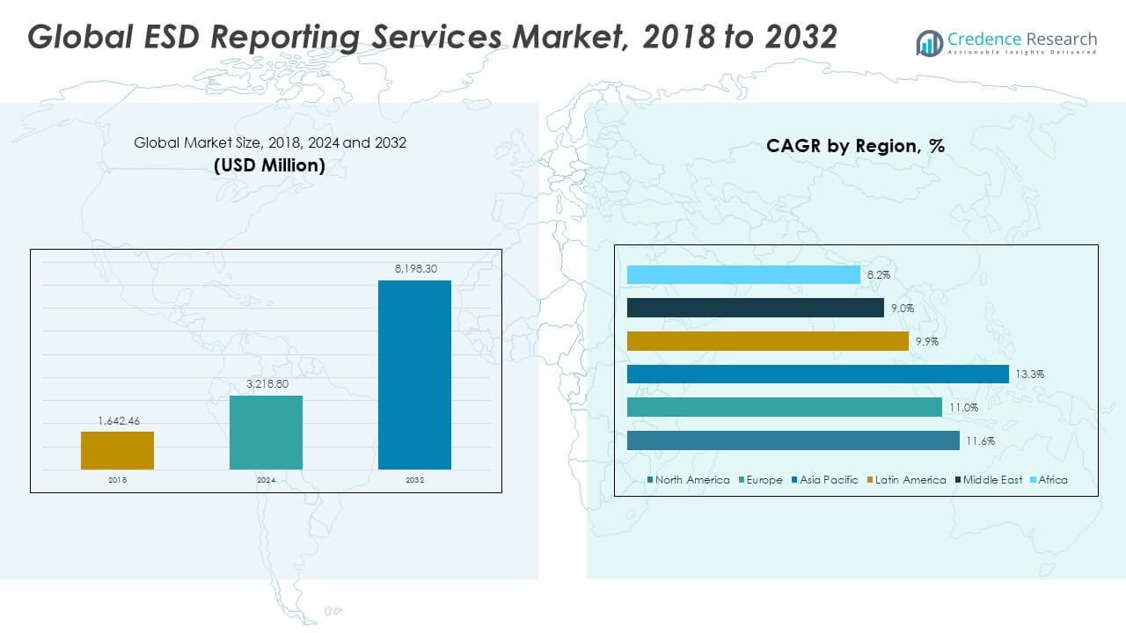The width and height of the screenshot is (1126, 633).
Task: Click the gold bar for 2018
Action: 117,451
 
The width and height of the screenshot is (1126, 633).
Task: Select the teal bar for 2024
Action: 266,433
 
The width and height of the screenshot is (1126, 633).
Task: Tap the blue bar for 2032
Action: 414,375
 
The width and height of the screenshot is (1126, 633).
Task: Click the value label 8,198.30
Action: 416,269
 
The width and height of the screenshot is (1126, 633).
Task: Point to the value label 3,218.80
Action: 267,384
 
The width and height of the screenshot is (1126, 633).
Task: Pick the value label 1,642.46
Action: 119,421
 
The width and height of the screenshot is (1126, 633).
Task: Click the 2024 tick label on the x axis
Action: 266,480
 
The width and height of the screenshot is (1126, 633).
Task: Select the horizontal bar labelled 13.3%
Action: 818,375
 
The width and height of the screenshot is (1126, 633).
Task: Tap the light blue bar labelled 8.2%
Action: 743,275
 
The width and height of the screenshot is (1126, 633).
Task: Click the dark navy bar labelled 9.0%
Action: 756,308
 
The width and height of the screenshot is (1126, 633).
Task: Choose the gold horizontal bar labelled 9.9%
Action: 768,341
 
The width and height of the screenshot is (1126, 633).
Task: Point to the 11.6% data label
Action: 980,441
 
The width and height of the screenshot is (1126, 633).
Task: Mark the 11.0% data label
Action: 963,407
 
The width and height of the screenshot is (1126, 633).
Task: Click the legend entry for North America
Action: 688,480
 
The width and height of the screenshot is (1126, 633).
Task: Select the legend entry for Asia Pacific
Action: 825,480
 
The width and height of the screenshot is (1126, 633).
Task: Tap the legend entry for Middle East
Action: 989,480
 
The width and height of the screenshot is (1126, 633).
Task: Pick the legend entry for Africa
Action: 1049,480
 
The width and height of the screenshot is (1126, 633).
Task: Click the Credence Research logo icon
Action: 930,43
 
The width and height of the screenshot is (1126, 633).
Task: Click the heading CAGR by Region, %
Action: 855,146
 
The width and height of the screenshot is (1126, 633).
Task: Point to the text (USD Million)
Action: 269,165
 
